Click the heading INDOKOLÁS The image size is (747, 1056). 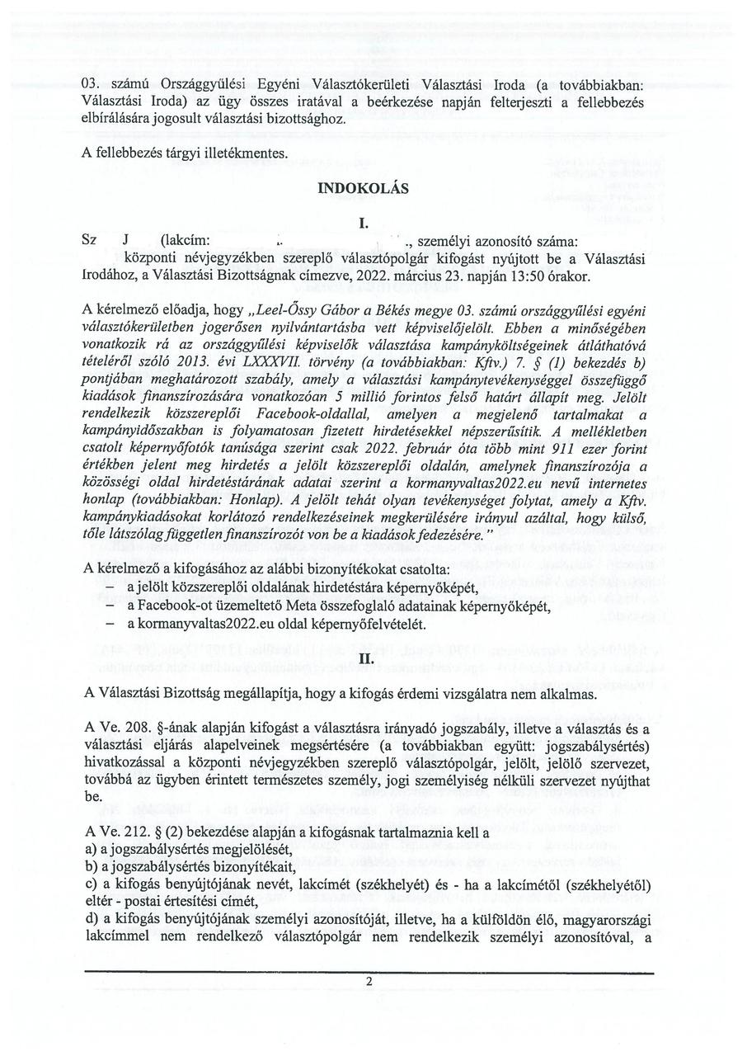point(363,188)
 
